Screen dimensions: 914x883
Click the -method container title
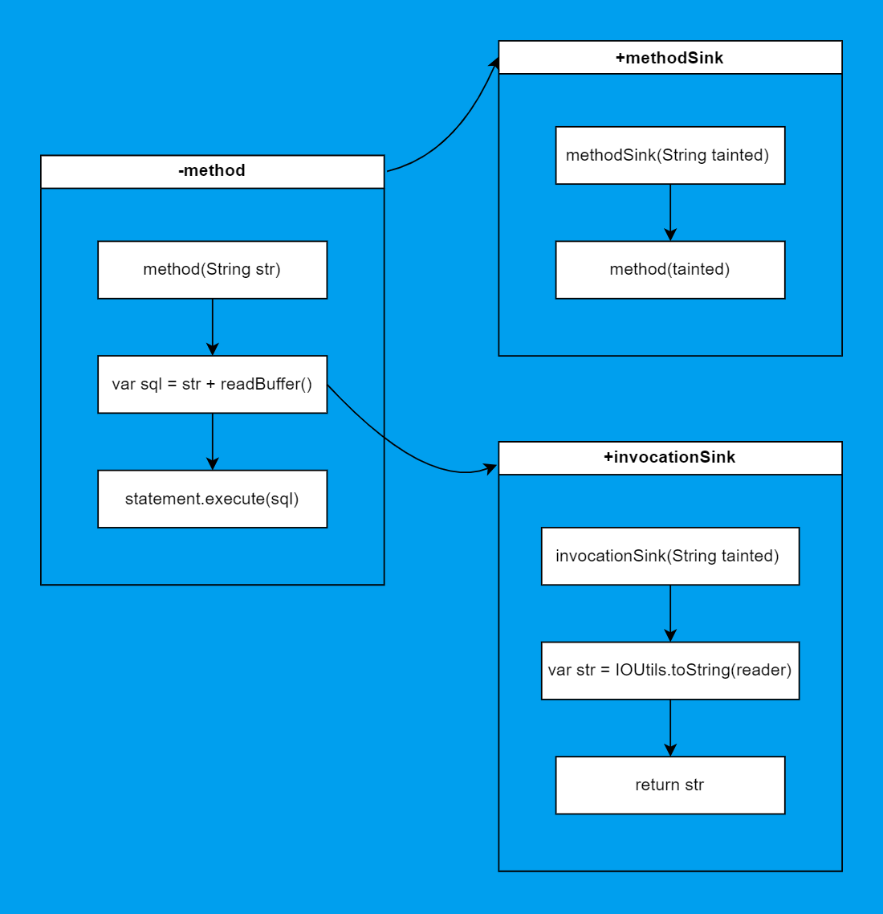coord(212,171)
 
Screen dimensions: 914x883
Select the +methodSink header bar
coord(669,58)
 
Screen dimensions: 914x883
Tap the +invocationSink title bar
coord(669,458)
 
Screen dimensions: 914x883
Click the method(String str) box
coord(212,270)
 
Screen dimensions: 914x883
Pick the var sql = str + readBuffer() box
coord(212,385)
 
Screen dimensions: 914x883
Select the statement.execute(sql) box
coord(212,500)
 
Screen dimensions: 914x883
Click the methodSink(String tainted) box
coord(669,156)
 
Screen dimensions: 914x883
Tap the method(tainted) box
coord(669,270)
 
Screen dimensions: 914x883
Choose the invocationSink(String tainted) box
coord(669,557)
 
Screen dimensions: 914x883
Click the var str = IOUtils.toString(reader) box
coord(669,671)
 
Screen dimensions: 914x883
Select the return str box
coord(669,785)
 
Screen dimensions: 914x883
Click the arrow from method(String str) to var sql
coord(212,326)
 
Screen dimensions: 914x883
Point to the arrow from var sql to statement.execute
coord(212,441)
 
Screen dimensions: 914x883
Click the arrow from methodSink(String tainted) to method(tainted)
coord(670,212)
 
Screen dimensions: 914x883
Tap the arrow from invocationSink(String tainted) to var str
coord(670,613)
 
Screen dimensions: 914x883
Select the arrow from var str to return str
coord(670,728)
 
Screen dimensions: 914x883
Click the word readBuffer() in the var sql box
coord(266,385)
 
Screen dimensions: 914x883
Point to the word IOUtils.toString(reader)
coord(703,671)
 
